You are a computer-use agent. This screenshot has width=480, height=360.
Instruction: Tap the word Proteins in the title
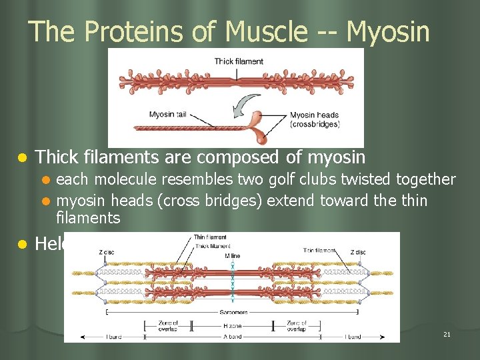tap(141, 31)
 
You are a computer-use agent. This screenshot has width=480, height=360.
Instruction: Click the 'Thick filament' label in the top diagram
tap(239, 61)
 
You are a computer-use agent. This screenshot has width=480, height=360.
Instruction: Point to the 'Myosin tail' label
tap(171, 114)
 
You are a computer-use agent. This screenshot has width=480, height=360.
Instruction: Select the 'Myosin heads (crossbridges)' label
tap(315, 119)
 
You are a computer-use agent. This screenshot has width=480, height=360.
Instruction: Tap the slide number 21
tap(447, 333)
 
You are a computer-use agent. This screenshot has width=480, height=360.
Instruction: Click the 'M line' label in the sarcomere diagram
tap(232, 256)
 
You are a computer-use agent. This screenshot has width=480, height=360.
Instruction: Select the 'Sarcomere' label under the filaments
tap(233, 311)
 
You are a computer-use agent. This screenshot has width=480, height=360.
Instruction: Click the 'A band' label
tap(233, 337)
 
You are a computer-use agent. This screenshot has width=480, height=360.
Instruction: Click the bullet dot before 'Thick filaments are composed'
tap(22, 158)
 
